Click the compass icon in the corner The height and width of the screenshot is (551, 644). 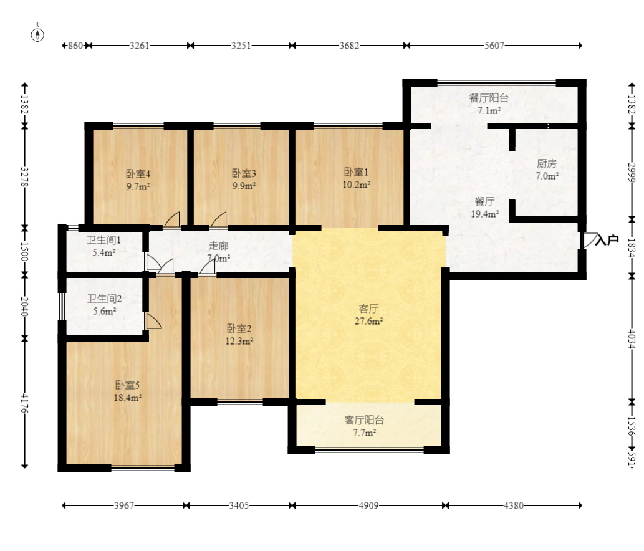click(38, 34)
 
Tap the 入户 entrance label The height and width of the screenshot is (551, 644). click(607, 240)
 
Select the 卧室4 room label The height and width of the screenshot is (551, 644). click(138, 174)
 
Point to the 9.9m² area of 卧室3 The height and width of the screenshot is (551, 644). click(244, 186)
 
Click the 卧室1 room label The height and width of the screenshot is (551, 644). click(356, 172)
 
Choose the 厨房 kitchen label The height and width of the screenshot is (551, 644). click(547, 164)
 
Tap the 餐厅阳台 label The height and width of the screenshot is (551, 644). click(489, 98)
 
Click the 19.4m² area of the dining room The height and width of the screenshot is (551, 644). click(484, 214)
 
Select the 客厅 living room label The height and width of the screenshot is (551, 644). click(368, 309)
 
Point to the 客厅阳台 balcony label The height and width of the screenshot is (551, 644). click(364, 421)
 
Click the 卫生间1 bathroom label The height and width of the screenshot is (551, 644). click(103, 240)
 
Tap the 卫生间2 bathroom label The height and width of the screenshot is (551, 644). click(104, 299)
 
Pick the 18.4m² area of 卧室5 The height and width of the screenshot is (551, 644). click(128, 398)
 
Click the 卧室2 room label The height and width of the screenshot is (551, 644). click(239, 328)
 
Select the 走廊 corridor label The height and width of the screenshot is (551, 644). click(218, 246)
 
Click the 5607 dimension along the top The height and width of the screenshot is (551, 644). click(494, 46)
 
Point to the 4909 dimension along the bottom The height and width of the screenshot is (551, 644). click(368, 505)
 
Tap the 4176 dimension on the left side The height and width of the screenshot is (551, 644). click(24, 403)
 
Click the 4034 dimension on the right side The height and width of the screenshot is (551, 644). click(632, 338)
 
